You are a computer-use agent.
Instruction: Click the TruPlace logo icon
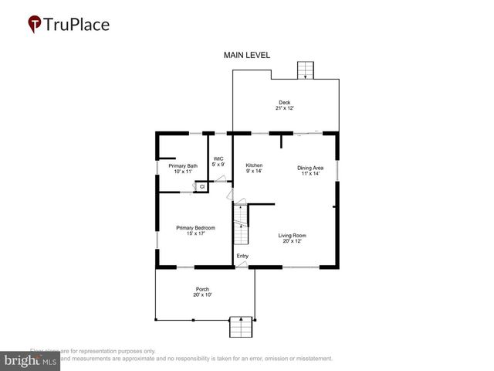pos(35,24)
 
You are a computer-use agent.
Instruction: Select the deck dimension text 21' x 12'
pos(285,108)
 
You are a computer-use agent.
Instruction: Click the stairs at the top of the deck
pos(306,70)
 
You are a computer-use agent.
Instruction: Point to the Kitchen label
pos(254,165)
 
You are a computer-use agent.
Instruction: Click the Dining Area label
pos(310,167)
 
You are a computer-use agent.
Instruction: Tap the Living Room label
pos(293,235)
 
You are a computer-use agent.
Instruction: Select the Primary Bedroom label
pos(195,227)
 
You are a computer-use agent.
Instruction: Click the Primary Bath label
pos(183,165)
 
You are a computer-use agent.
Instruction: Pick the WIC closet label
pos(218,158)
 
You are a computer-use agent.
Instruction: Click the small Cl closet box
pos(201,186)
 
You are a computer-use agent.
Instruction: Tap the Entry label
pos(242,256)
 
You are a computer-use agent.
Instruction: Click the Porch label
pos(202,289)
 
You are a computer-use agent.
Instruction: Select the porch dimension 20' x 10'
pos(202,295)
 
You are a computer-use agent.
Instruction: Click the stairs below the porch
pos(242,328)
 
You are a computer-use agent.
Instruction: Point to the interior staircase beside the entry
pos(242,224)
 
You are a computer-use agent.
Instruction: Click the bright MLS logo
pos(31,360)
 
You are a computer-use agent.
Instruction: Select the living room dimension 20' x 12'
pos(293,241)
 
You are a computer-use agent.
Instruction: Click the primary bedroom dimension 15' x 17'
pos(195,233)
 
